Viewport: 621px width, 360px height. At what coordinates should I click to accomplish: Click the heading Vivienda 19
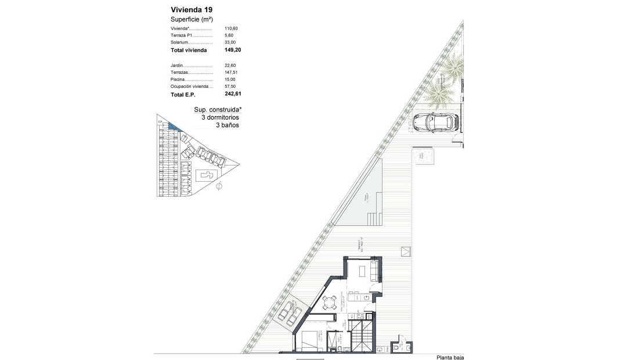[191, 9]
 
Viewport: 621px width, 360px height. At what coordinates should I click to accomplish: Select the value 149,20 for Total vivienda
[232, 50]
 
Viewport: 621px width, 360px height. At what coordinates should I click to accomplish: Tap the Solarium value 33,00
[230, 42]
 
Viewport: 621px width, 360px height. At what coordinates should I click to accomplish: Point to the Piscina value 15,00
[230, 80]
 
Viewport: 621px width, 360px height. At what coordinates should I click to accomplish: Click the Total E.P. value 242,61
[232, 93]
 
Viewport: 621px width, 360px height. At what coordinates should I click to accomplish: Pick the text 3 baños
[227, 125]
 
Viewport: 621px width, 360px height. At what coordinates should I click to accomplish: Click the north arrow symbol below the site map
[219, 187]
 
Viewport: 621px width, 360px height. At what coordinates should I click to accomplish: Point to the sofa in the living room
[374, 269]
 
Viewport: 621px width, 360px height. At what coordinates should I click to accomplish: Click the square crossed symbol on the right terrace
[405, 251]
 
